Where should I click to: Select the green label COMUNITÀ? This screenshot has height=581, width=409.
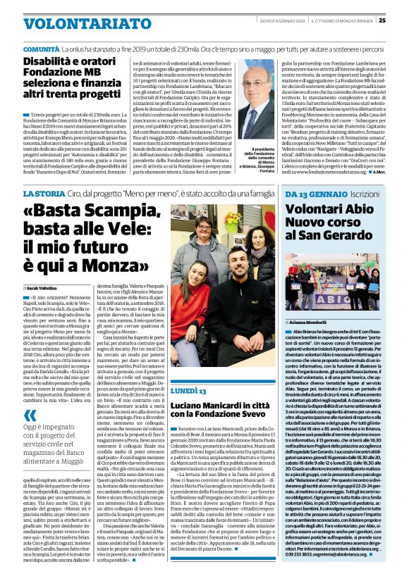pos(41,51)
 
